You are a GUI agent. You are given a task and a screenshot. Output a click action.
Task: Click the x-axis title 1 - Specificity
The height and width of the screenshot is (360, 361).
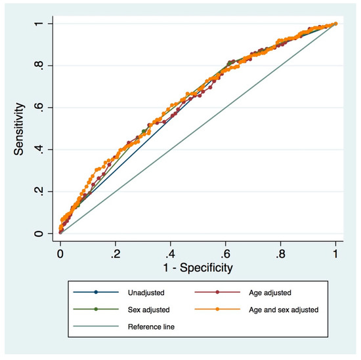(198, 268)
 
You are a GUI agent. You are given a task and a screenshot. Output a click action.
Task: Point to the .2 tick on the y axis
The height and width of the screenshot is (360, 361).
(39, 191)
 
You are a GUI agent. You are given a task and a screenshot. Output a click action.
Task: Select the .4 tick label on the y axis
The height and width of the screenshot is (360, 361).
(39, 150)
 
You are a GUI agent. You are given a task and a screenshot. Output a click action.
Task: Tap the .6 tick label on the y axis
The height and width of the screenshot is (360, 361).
(39, 108)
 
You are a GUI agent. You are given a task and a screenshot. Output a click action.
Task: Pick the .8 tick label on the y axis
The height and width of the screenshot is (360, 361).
(39, 66)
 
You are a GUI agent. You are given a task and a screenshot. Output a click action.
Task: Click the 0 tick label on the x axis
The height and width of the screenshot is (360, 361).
(60, 252)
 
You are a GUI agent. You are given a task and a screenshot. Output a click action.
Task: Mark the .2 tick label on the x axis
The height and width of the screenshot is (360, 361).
(115, 252)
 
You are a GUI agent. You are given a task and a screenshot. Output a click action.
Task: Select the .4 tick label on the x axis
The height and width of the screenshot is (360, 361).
(170, 252)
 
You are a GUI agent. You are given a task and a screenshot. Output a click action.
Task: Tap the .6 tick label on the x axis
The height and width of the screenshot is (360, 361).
(225, 252)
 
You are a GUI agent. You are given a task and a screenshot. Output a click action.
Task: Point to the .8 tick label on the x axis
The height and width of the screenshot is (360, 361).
(280, 252)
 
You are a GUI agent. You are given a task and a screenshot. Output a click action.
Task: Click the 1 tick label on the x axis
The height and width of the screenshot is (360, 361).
(336, 252)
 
